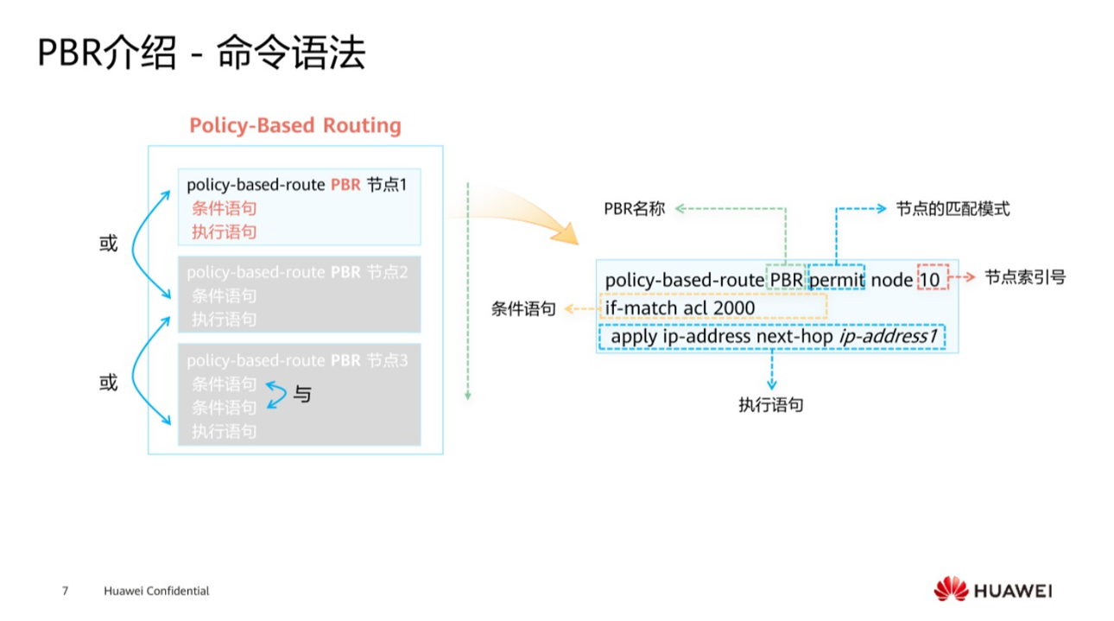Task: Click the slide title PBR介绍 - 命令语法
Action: tap(201, 54)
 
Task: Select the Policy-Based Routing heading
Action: tap(295, 126)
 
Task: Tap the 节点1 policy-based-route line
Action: tap(296, 185)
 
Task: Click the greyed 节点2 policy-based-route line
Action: tap(296, 272)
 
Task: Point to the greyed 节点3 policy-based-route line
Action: tap(296, 360)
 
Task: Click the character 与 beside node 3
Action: tap(302, 395)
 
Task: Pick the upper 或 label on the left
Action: tap(108, 244)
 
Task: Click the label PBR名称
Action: tap(634, 209)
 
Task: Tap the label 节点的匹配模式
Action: tap(953, 209)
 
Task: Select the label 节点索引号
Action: tap(1024, 277)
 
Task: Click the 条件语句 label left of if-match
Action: tap(523, 308)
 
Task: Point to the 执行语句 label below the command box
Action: tap(770, 404)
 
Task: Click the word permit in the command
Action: tap(836, 280)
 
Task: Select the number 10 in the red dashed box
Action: tap(930, 280)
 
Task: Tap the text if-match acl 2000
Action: tap(680, 308)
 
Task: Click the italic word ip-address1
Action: tap(888, 336)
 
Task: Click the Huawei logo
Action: tap(992, 591)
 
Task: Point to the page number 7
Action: tap(65, 592)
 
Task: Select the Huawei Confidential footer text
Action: tap(156, 592)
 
